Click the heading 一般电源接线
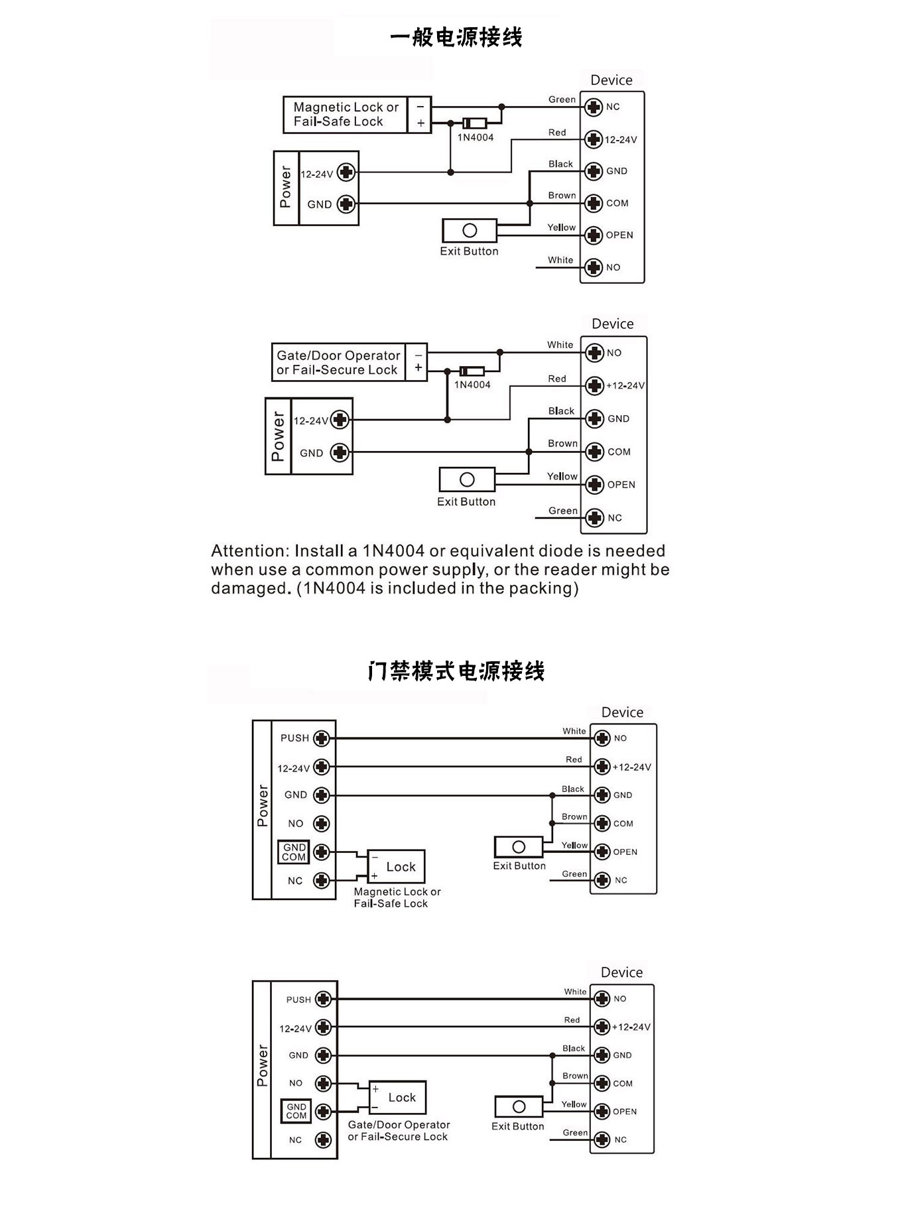click(456, 37)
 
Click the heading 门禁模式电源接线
click(456, 671)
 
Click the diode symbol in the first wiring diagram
click(475, 123)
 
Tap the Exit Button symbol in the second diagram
click(467, 480)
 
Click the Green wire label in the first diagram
click(562, 99)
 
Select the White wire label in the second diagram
click(560, 345)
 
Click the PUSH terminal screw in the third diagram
click(322, 738)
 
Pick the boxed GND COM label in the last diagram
click(296, 1111)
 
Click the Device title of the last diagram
click(621, 972)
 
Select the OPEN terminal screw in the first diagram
click(594, 235)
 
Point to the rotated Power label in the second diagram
click(278, 436)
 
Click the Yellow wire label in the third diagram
click(574, 845)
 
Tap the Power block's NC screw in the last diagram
click(323, 1139)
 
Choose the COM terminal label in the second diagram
click(619, 452)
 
